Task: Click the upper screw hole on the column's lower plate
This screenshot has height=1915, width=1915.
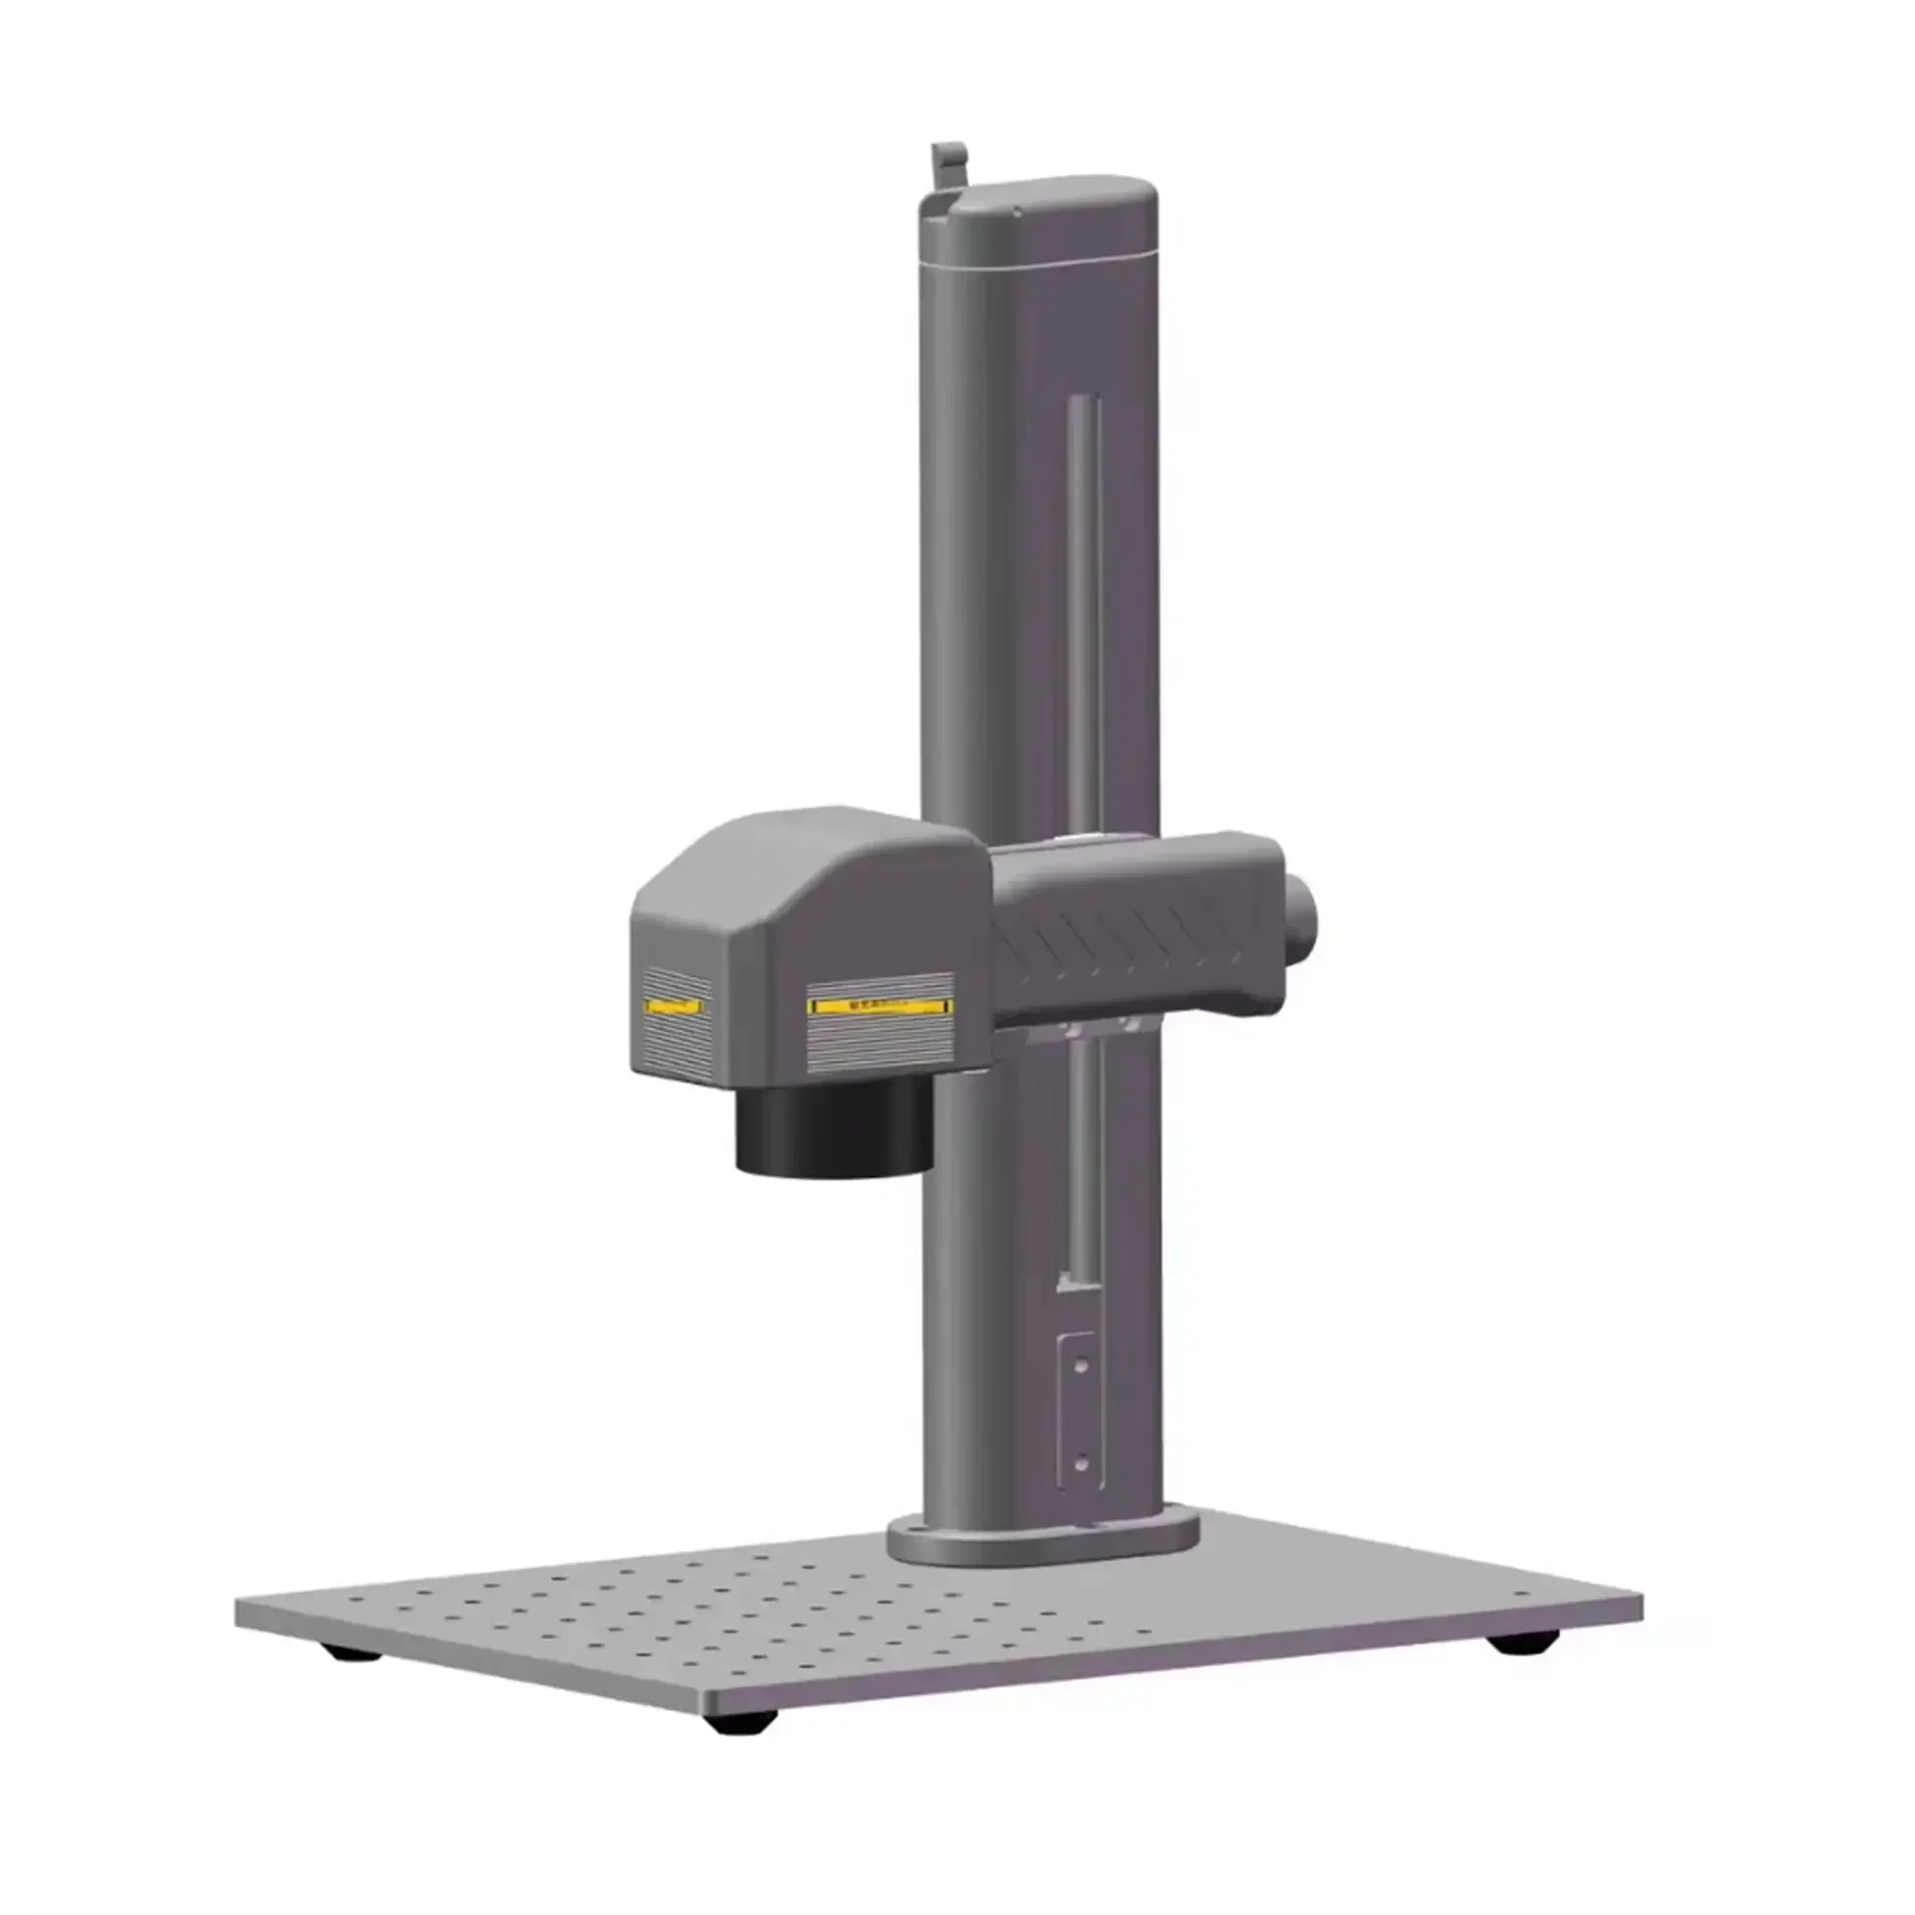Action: (1082, 1365)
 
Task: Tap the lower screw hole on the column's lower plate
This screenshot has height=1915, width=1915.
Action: (1082, 1462)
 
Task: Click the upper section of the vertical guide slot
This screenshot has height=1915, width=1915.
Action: (1082, 594)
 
